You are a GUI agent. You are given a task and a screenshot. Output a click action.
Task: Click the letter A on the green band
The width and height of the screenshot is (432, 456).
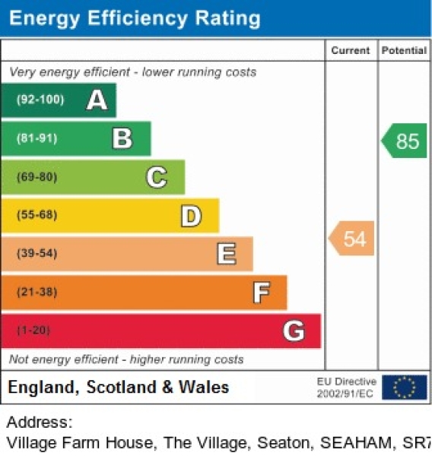[x=97, y=100]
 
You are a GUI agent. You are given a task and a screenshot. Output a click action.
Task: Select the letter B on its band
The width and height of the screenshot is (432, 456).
[x=122, y=138]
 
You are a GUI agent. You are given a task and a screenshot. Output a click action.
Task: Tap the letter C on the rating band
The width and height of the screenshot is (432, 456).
[x=156, y=177]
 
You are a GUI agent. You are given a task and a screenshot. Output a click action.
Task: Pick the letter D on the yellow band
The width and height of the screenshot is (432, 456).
[x=191, y=216]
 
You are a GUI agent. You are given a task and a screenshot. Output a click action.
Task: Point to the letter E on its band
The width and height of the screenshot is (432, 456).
[x=226, y=254]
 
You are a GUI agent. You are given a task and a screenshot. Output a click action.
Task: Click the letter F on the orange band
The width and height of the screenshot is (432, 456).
[x=261, y=293]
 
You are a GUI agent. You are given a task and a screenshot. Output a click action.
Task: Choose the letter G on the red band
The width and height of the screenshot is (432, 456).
[x=294, y=331]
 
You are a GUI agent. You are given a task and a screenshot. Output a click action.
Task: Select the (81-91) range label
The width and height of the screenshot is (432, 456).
[x=37, y=138]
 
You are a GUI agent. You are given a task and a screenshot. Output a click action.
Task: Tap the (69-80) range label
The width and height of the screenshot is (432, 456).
[x=37, y=177]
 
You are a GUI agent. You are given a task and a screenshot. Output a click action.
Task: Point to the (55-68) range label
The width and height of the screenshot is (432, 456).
[x=37, y=216]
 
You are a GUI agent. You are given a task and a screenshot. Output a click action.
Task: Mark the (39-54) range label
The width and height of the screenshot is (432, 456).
[x=37, y=254]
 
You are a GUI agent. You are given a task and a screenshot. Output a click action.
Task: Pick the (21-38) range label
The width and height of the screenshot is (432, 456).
[x=37, y=293]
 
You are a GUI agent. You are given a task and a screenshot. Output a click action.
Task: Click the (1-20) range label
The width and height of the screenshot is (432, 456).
[x=33, y=331]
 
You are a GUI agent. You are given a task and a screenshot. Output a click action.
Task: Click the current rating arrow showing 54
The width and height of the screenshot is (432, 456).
[x=353, y=239]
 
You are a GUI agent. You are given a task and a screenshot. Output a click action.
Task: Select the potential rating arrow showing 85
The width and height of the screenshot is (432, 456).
[x=405, y=141]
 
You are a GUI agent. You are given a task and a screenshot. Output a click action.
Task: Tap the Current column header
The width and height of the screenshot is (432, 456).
[x=351, y=51]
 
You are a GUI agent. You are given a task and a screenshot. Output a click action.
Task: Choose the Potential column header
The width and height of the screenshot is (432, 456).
[x=404, y=51]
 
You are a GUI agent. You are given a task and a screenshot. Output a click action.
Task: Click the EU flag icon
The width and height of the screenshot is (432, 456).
[x=404, y=387]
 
